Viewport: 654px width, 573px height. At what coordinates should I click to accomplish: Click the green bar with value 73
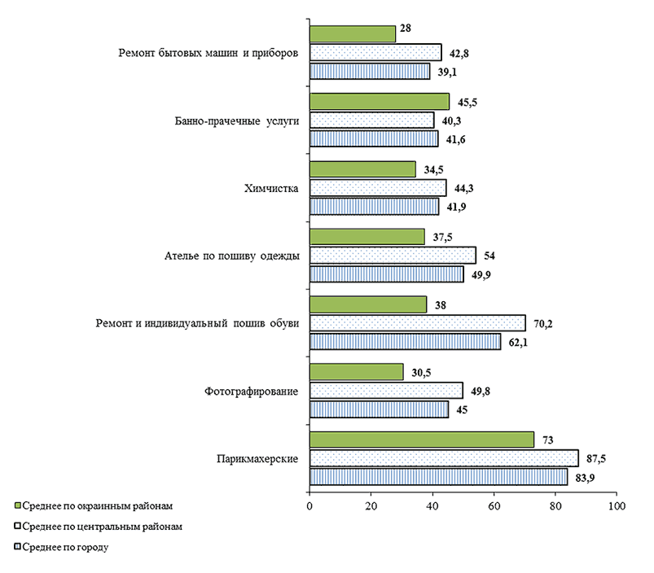coord(421,440)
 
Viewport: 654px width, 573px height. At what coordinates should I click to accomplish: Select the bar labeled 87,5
coord(444,458)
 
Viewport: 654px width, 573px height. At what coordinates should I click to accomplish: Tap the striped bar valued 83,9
coord(438,476)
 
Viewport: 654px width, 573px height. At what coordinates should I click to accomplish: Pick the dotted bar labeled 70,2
coord(417,323)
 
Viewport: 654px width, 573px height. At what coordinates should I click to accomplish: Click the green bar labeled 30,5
coord(356,372)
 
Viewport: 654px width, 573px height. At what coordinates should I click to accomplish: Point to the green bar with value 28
coord(352,33)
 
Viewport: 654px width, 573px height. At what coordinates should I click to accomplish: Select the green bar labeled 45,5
coord(379,101)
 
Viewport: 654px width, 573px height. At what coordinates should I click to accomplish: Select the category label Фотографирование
coord(250,391)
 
